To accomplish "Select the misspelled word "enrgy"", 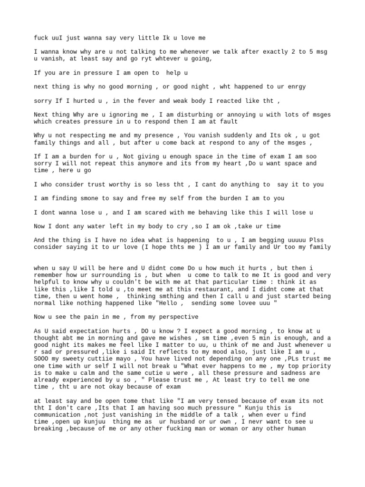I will (x=296, y=87).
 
